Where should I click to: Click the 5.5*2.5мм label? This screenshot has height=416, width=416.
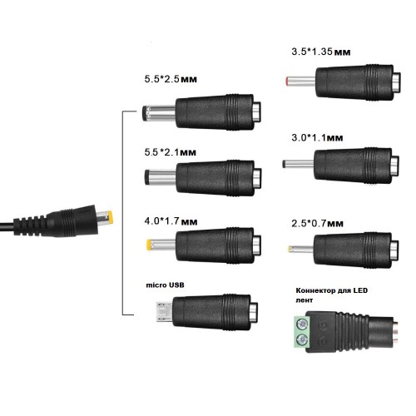171,79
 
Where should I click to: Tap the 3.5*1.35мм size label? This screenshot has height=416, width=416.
321,52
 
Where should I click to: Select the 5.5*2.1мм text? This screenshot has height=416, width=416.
171,152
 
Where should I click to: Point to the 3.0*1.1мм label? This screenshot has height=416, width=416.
317,137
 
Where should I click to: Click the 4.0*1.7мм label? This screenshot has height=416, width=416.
171,221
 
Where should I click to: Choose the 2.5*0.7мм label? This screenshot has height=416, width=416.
317,223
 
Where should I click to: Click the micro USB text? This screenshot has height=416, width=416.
165,285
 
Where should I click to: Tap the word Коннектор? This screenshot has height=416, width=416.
315,290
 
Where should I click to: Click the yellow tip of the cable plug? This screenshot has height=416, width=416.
110,218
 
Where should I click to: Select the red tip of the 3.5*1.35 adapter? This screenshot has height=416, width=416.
288,81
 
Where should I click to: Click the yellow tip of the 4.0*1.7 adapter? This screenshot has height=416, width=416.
149,245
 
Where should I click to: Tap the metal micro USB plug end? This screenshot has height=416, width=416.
164,312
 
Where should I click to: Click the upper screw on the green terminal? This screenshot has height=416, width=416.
302,324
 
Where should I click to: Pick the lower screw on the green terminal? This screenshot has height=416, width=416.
302,339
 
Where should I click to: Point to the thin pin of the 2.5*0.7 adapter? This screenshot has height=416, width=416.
301,249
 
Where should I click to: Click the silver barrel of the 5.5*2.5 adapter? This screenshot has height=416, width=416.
161,113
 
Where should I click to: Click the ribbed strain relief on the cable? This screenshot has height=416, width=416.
30,225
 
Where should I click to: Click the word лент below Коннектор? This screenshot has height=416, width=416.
305,300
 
